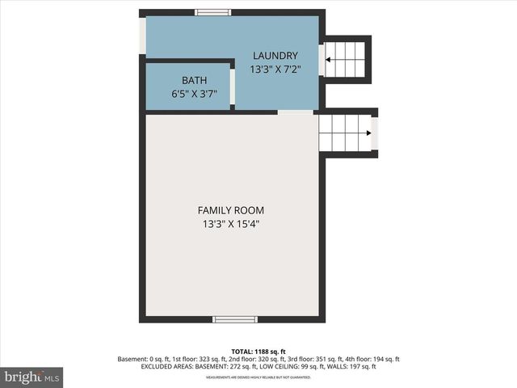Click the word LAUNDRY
[275, 56]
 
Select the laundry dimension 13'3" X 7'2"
[275, 70]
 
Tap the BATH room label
[194, 80]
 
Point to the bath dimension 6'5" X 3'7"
[194, 94]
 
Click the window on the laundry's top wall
[213, 12]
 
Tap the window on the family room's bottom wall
[235, 319]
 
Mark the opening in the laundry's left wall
[143, 36]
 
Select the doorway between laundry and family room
[295, 112]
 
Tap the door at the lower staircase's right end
[374, 133]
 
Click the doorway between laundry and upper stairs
[322, 59]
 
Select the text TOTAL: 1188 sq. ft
[258, 352]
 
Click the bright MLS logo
[32, 376]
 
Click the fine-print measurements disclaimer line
[258, 377]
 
